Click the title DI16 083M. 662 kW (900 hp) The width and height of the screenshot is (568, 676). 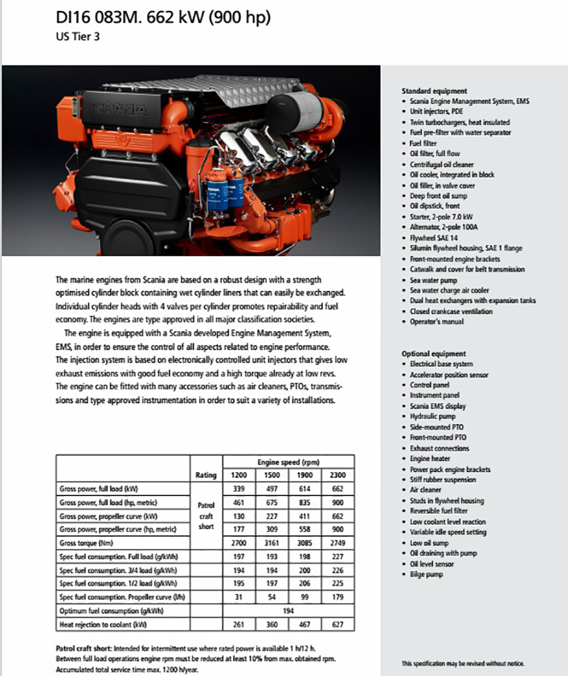click(163, 17)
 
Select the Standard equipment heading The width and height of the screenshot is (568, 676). click(434, 91)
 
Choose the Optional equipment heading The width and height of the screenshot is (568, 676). click(433, 354)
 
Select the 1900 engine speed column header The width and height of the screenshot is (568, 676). click(305, 475)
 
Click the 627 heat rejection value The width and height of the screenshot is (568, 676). click(337, 625)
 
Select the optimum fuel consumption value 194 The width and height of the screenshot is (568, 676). click(289, 611)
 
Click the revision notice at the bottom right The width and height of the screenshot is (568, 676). click(463, 664)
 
